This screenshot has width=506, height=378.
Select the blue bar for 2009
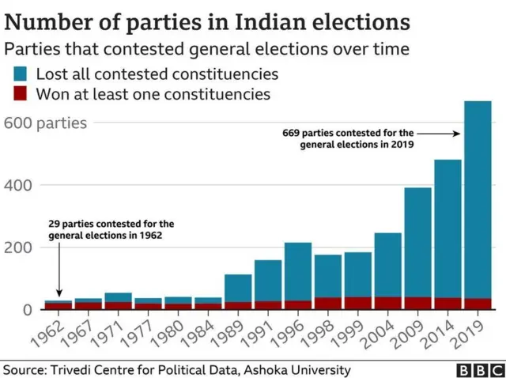point(418,242)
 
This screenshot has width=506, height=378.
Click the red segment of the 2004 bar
point(388,303)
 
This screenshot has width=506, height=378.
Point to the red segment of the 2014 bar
point(447,303)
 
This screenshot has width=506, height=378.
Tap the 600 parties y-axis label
point(45,123)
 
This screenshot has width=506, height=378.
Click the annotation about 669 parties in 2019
point(349,139)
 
